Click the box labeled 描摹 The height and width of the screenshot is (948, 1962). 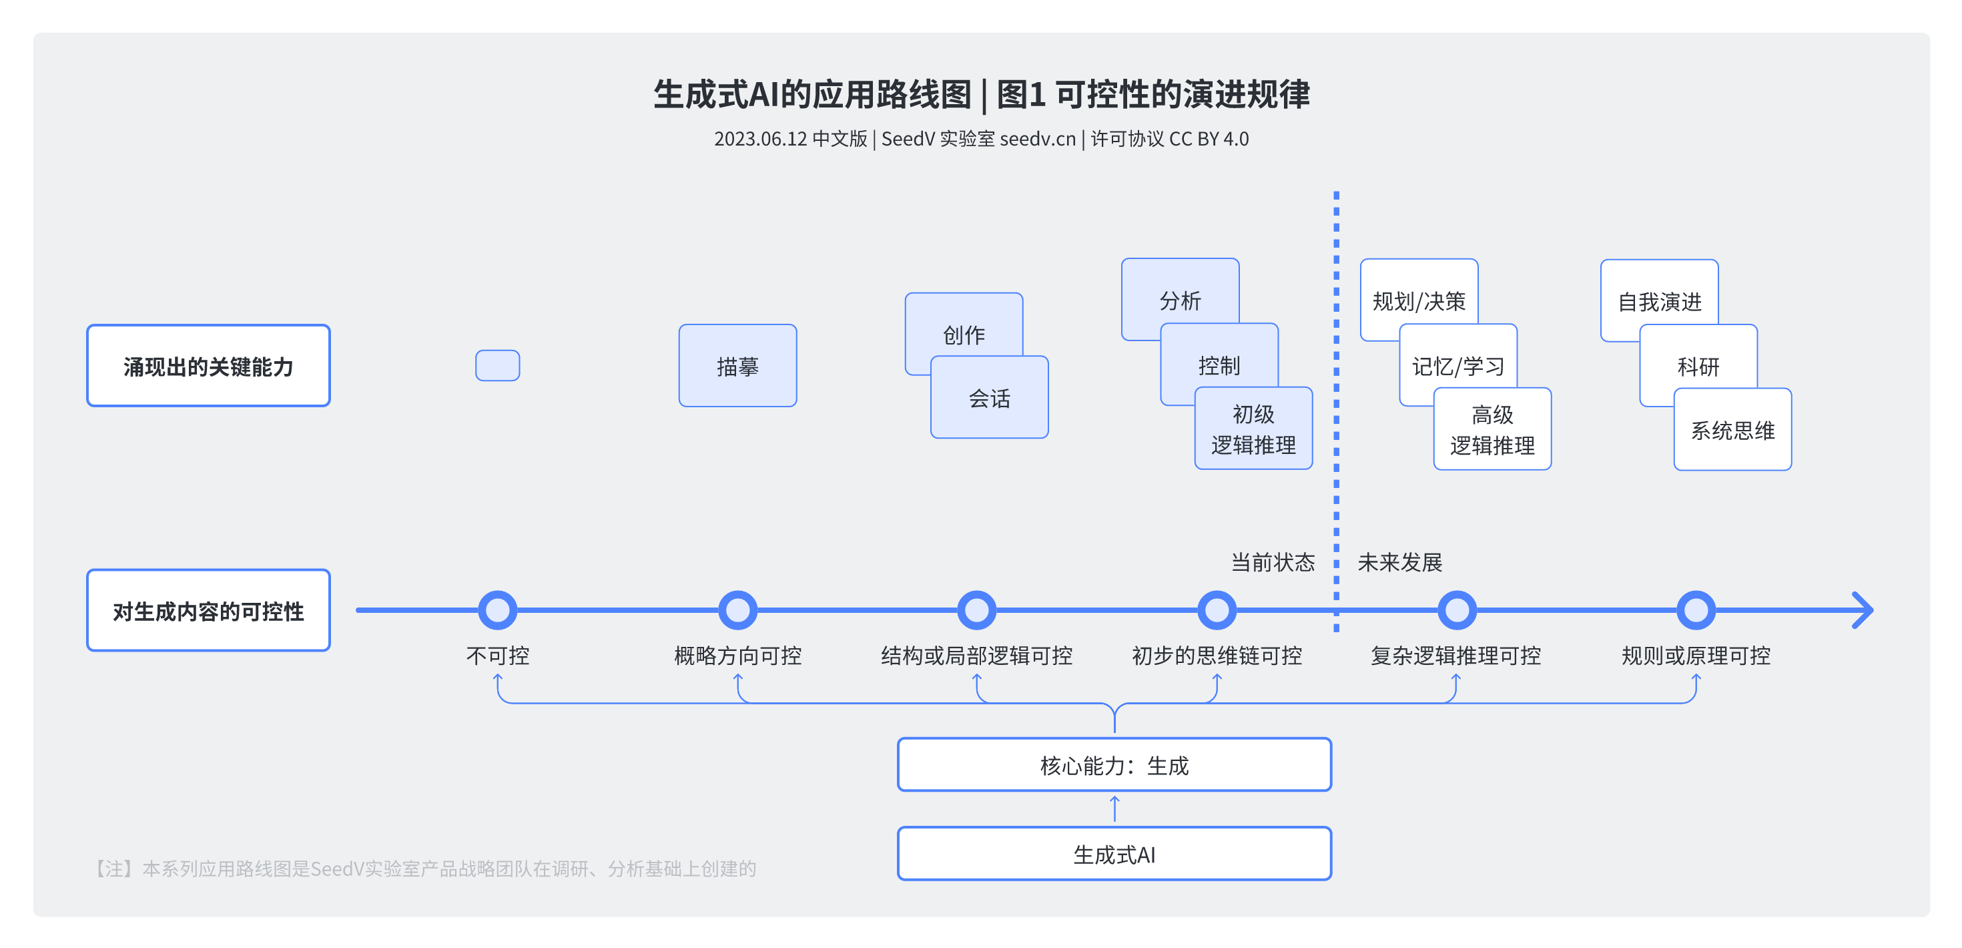pos(737,366)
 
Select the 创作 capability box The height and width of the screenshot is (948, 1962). pos(964,324)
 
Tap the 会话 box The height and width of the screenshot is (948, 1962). pos(990,398)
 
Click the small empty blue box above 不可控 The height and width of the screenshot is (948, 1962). pos(497,365)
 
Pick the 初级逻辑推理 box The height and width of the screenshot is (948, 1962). pos(1253,429)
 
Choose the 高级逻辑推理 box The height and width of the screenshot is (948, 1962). pos(1492,430)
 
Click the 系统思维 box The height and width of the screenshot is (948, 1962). pos(1732,431)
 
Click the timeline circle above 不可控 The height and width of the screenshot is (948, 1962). pos(497,610)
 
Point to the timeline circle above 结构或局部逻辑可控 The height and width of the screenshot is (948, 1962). pos(976,610)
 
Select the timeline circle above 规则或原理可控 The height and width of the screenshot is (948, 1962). pos(1696,610)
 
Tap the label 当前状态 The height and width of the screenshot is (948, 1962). pos(1273,562)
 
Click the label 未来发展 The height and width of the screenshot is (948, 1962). pos(1400,562)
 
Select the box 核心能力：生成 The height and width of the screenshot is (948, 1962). pos(1114,764)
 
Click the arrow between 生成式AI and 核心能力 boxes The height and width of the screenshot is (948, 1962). pos(1114,808)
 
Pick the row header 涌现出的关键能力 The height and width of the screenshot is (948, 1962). pos(208,366)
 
